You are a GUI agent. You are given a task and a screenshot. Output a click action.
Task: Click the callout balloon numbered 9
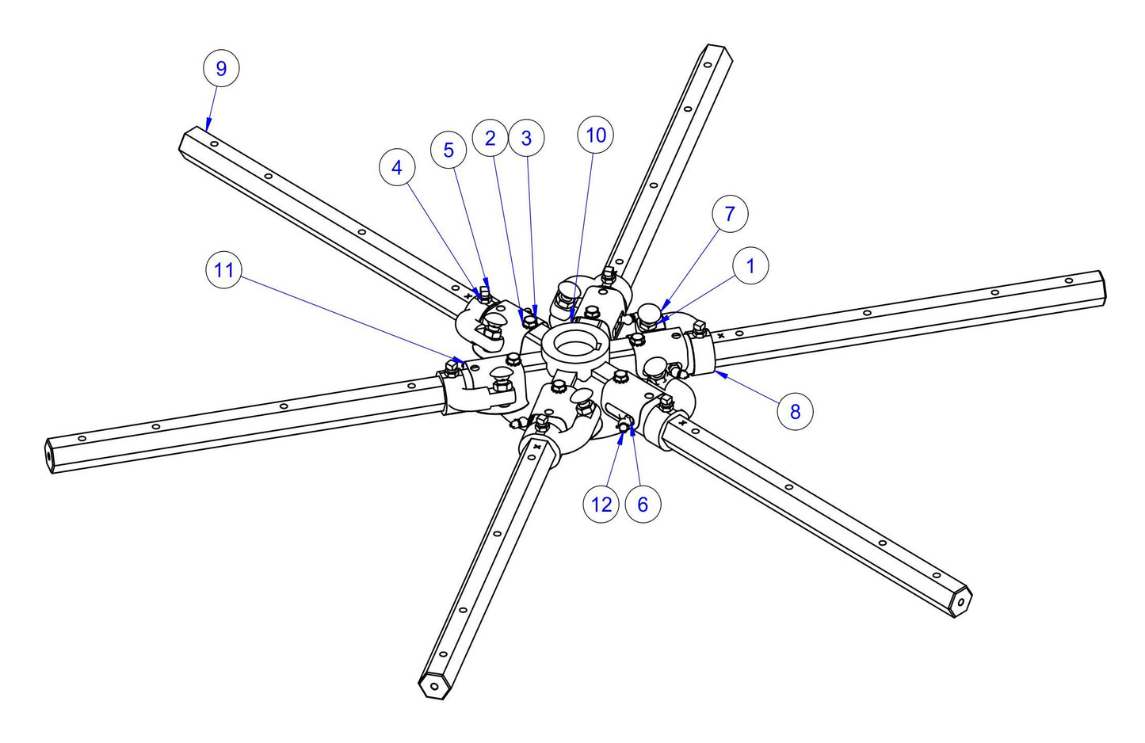point(221,68)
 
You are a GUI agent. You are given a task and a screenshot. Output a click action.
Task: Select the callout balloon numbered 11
point(224,270)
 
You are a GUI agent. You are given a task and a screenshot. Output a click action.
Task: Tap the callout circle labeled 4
point(397,168)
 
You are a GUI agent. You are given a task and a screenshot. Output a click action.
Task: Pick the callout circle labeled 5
point(448,150)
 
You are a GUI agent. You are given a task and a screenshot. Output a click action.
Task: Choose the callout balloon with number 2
point(490,138)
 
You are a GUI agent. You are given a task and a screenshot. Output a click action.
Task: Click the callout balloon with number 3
point(526,138)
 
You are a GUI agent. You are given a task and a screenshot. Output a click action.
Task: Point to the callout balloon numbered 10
point(596,135)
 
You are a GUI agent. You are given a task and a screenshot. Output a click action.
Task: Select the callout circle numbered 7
point(730,214)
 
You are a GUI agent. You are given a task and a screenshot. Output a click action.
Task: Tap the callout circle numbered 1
point(750,266)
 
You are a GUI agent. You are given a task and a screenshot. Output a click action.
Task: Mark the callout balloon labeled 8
point(795,411)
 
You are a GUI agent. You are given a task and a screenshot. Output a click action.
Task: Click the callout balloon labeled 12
point(601,505)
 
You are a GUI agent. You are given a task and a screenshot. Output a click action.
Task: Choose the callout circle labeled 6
point(643,505)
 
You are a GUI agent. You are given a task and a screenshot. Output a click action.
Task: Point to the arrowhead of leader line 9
point(208,124)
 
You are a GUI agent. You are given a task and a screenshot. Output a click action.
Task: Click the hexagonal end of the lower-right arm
point(961,602)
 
